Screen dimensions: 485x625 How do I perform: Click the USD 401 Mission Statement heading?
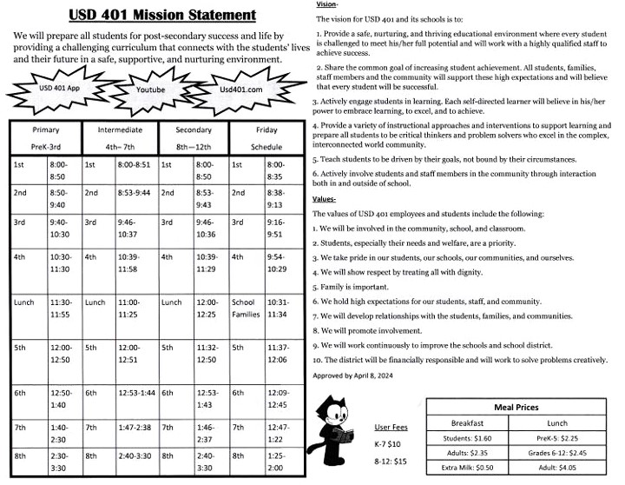pos(161,15)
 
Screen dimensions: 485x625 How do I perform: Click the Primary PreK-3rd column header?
pos(45,138)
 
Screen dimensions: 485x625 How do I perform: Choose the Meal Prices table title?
pos(516,407)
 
